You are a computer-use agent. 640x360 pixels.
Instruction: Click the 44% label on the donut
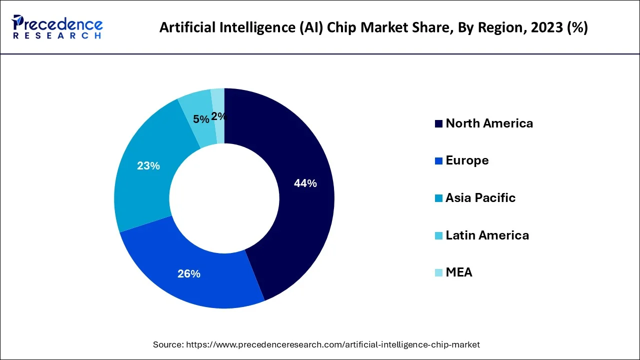pos(305,183)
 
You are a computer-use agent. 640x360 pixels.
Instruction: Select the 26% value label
pos(189,273)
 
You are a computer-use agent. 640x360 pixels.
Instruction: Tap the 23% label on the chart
pos(148,165)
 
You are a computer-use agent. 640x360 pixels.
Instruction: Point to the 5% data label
pos(201,119)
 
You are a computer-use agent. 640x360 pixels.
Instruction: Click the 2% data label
pos(219,116)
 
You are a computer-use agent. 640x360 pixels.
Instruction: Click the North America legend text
pos(489,123)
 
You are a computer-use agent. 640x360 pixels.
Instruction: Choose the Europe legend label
pos(467,160)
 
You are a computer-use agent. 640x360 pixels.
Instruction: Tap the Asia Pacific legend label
pos(480,197)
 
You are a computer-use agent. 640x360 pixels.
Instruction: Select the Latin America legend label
pos(487,235)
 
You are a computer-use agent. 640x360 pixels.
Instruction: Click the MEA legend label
pos(458,272)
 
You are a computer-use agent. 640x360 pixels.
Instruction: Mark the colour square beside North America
pos(438,124)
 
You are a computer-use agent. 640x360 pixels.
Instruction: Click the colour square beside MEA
pos(438,273)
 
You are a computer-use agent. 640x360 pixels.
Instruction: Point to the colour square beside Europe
pos(438,161)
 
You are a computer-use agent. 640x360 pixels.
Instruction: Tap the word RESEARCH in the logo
pos(57,36)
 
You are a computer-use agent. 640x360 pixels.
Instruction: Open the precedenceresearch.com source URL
pos(332,344)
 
